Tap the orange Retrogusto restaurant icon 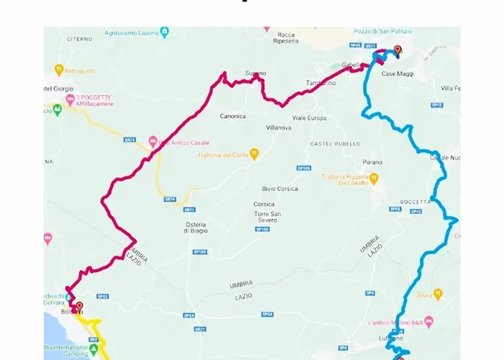pos(60,70)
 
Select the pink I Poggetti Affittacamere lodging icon pos(70,99)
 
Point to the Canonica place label pos(233,116)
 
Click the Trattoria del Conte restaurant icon pos(253,155)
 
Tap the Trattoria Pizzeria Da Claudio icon pos(373,177)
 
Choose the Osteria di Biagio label pos(196,227)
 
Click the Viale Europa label pos(309,117)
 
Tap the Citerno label pos(80,39)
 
